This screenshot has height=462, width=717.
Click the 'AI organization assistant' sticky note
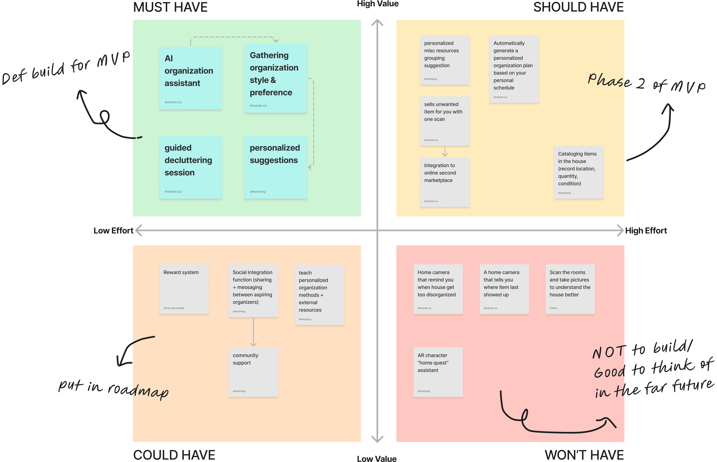[x=190, y=78]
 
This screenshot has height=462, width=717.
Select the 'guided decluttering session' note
[x=190, y=167]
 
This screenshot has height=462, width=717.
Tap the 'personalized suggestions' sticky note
[x=276, y=167]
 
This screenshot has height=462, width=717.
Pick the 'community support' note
[x=253, y=372]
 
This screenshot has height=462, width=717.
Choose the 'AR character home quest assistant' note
[x=438, y=372]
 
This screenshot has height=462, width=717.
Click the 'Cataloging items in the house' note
[x=578, y=172]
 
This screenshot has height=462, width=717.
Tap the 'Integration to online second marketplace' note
[x=445, y=182]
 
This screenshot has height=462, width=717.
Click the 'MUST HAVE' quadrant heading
[x=170, y=7]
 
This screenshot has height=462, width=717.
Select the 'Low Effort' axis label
[x=113, y=231]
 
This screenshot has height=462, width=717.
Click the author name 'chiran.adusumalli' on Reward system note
[x=174, y=308]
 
